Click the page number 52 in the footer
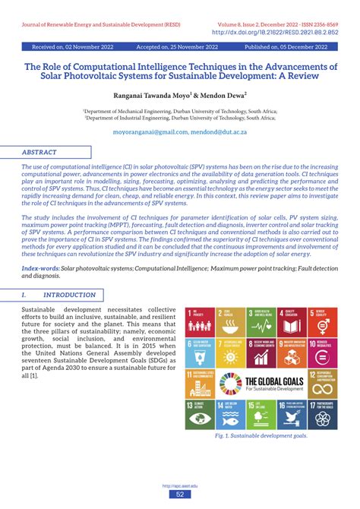click(180, 495)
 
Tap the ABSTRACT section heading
click(39, 152)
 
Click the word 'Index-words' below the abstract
click(41, 268)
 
